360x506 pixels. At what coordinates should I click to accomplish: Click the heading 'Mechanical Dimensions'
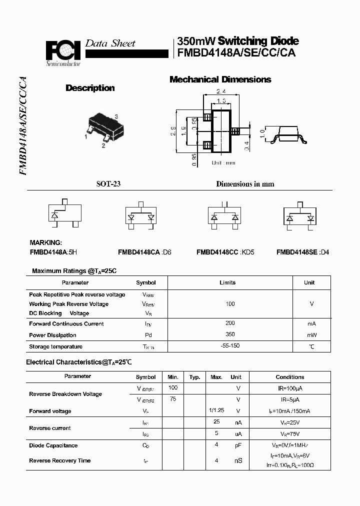tap(220, 79)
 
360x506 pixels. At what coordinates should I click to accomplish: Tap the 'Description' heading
tap(90, 88)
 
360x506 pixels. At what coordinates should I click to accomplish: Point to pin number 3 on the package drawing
tap(116, 116)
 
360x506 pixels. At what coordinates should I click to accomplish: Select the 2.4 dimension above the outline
tap(221, 91)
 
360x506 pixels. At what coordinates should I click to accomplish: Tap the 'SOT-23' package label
tap(108, 184)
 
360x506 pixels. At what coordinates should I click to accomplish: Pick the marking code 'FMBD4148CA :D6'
tap(144, 252)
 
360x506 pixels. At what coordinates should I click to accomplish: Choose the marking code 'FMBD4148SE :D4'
tap(302, 252)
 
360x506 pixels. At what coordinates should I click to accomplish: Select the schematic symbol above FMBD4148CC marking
tap(224, 215)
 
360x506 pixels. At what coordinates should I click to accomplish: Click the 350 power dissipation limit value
tap(230, 335)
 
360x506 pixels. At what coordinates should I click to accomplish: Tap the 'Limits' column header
tap(227, 282)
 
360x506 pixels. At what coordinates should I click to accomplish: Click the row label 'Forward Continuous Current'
tap(66, 324)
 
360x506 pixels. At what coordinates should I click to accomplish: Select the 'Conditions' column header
tap(289, 377)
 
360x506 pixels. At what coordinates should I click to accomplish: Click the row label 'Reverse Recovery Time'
tap(60, 460)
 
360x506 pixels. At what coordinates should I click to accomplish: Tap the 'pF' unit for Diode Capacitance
tap(238, 445)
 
